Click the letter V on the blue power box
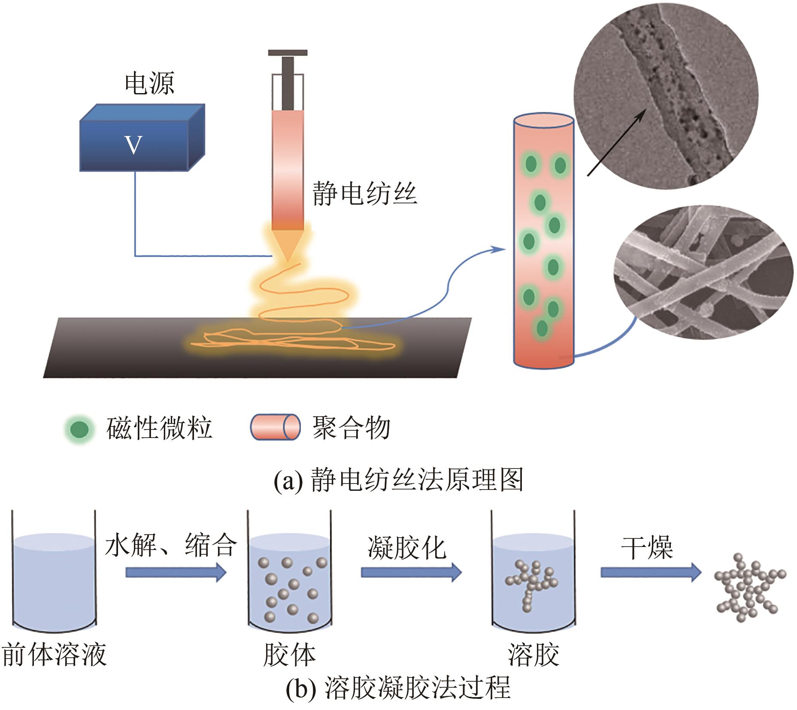(x=133, y=145)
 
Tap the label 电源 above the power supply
(x=149, y=83)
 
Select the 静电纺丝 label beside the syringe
(x=365, y=193)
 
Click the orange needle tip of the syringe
(x=288, y=246)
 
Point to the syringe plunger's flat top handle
(x=288, y=53)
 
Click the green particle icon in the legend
(x=79, y=429)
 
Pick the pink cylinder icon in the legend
(x=275, y=427)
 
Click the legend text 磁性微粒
(x=159, y=428)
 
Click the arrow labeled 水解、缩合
(x=176, y=572)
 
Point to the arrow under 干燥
(x=651, y=572)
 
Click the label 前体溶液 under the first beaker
(x=55, y=655)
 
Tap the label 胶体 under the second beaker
(x=290, y=655)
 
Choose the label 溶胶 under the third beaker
(x=533, y=655)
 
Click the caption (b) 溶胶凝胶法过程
(x=398, y=688)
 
